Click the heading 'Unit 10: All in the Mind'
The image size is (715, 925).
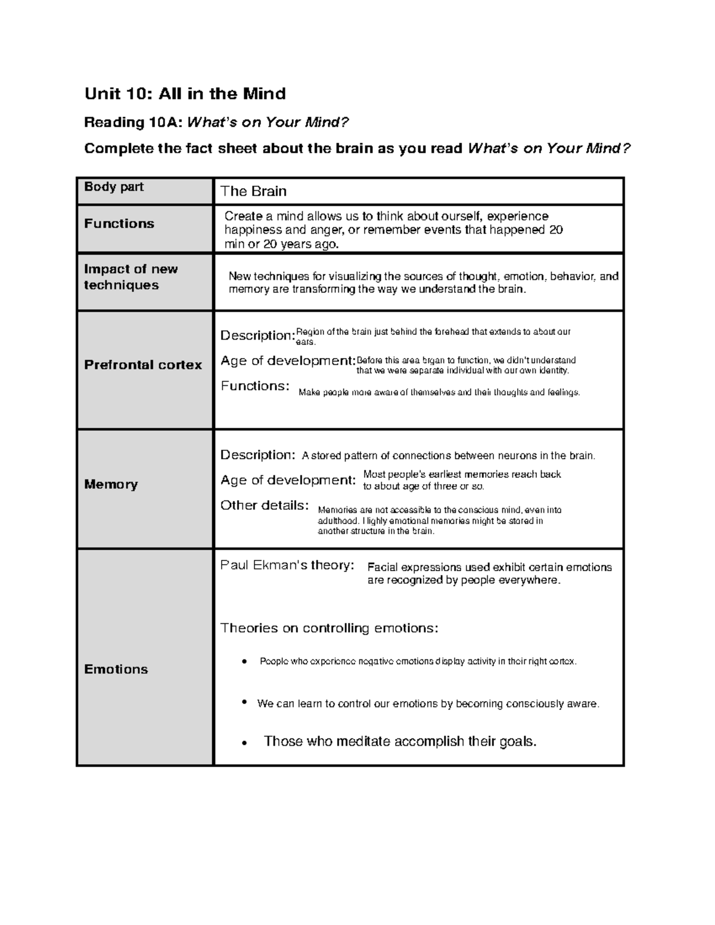click(185, 94)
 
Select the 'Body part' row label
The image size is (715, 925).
click(114, 187)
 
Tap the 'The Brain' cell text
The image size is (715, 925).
click(253, 191)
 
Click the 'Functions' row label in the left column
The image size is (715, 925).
click(119, 224)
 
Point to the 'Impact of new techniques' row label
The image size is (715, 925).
click(130, 277)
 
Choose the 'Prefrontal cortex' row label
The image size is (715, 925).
click(143, 365)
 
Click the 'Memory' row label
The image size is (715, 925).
click(111, 484)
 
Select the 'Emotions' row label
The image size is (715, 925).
click(116, 669)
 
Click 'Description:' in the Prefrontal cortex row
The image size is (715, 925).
click(257, 335)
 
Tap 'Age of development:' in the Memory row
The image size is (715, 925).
click(288, 480)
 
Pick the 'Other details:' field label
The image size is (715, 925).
click(265, 506)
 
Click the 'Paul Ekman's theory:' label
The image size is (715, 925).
click(287, 565)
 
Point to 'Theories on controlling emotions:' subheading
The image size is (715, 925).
click(329, 628)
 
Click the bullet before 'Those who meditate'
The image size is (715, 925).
click(244, 743)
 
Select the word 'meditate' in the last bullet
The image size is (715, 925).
click(363, 742)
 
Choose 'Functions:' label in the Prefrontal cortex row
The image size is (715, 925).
click(255, 386)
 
